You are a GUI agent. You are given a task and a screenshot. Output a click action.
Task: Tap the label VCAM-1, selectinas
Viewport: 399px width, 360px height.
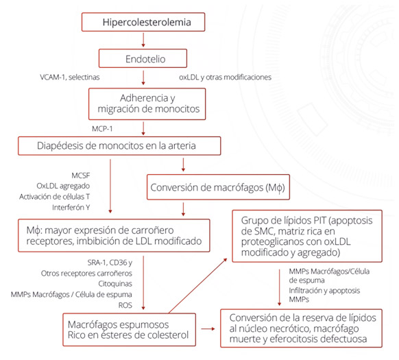pyautogui.click(x=70, y=77)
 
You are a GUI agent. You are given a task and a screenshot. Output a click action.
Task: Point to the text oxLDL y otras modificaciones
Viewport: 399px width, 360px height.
pyautogui.click(x=225, y=77)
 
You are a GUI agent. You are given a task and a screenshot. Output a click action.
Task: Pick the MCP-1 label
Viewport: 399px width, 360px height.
pyautogui.click(x=102, y=129)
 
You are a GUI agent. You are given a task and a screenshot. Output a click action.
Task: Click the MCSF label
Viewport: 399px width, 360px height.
pyautogui.click(x=81, y=176)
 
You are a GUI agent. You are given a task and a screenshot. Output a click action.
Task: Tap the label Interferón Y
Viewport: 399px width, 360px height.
pyautogui.click(x=71, y=208)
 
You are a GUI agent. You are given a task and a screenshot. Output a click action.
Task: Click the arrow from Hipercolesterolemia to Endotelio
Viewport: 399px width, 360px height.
pyautogui.click(x=143, y=40)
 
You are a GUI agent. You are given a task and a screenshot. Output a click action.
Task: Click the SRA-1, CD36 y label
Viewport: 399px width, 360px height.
pyautogui.click(x=110, y=263)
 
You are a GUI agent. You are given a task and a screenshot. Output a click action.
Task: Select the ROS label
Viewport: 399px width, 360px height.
pyautogui.click(x=125, y=305)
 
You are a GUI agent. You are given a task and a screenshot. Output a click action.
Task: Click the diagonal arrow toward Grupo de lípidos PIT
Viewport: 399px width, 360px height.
pyautogui.click(x=197, y=286)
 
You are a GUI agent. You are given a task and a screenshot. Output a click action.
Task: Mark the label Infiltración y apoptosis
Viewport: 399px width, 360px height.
pyautogui.click(x=324, y=291)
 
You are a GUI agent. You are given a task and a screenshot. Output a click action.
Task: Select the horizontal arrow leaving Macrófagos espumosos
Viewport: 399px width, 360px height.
pyautogui.click(x=208, y=329)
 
